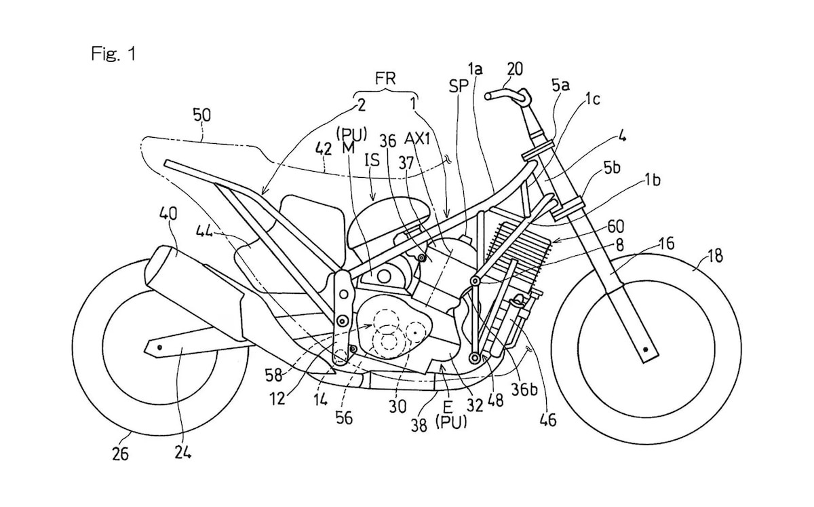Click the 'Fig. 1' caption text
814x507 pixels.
tap(113, 54)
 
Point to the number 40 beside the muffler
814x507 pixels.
tap(169, 215)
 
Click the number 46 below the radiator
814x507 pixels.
tap(547, 419)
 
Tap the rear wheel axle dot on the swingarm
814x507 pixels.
tap(158, 348)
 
